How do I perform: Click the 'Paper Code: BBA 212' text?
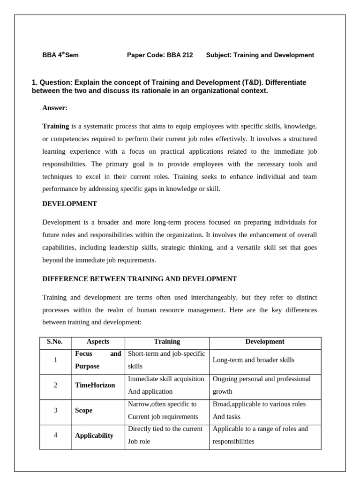[160, 55]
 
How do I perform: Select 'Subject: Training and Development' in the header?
[260, 55]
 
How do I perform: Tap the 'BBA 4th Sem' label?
[60, 55]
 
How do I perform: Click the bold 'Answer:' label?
[55, 108]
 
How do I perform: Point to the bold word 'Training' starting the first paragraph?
[56, 126]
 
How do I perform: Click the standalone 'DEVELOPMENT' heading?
[69, 203]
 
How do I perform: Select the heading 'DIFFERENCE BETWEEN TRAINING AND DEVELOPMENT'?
[140, 279]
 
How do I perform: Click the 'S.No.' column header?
[55, 342]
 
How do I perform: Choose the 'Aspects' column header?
[98, 342]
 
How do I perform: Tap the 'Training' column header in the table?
[167, 342]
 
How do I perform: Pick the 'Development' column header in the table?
[265, 342]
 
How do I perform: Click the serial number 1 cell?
[55, 360]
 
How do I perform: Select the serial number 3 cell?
[55, 410]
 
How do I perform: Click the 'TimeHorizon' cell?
[95, 385]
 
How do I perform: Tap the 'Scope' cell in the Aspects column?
[83, 410]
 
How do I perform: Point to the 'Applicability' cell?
[94, 435]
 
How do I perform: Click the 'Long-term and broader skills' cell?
[254, 360]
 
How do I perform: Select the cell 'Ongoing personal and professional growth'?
[262, 385]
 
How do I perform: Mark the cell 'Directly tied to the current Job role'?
[165, 435]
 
